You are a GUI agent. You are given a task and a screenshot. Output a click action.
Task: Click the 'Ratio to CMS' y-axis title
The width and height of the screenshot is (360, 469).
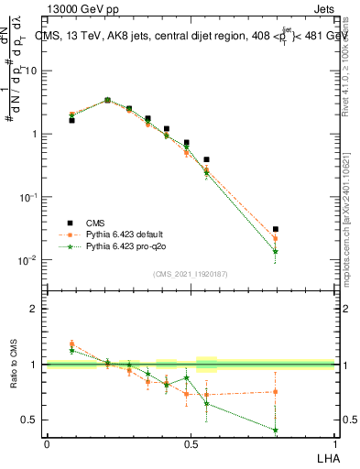coord(14,365)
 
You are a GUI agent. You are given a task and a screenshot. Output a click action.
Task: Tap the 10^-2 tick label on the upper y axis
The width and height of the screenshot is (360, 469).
coord(30,260)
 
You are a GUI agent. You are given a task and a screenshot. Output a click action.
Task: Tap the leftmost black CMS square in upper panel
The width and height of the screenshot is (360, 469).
coord(71,120)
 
